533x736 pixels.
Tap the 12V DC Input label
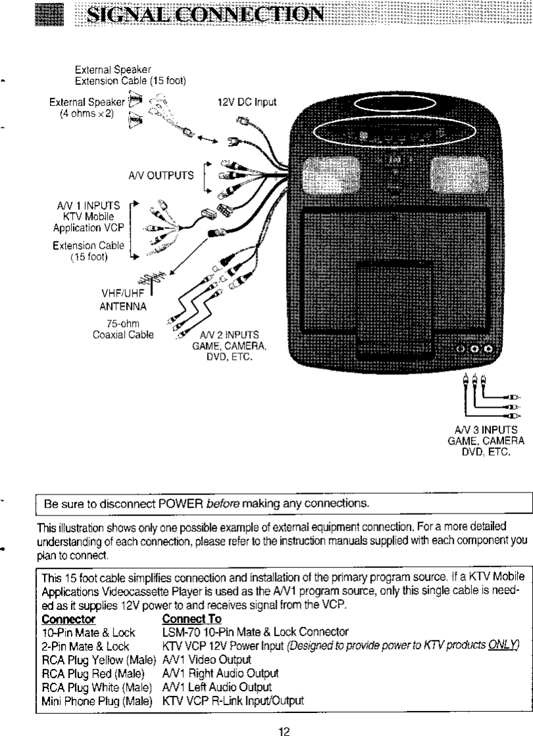(247, 102)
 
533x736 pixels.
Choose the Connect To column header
(191, 619)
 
